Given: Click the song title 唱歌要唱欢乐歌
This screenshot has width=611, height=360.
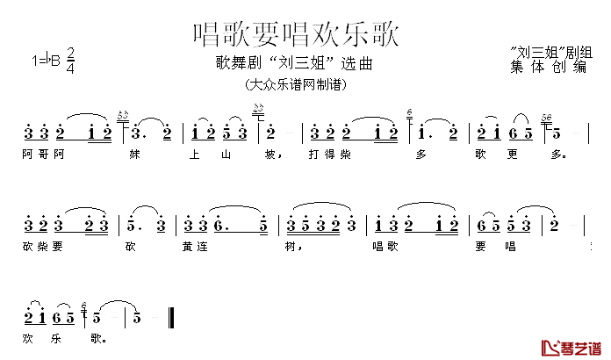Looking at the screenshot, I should [x=297, y=34].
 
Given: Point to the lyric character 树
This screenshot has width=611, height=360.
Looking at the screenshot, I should [x=288, y=245].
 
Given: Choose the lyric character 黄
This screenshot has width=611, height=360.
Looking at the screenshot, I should [x=188, y=245].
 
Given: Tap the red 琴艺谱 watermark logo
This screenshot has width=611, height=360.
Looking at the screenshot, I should [x=571, y=348].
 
